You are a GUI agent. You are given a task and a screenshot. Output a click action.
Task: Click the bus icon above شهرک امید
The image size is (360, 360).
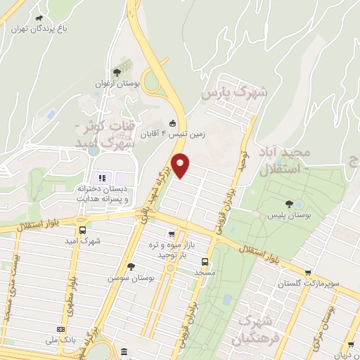click(84, 230)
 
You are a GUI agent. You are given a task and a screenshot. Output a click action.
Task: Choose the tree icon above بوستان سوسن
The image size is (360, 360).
click(131, 266)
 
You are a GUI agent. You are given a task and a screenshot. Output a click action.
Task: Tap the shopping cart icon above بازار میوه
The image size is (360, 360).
click(171, 234)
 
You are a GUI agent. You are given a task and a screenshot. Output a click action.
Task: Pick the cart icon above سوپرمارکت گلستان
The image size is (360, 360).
click(308, 272)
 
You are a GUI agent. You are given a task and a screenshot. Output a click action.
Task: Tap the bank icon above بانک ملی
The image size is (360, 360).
click(61, 328)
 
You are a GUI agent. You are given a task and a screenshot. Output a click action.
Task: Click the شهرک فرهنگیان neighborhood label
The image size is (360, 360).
click(258, 330)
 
